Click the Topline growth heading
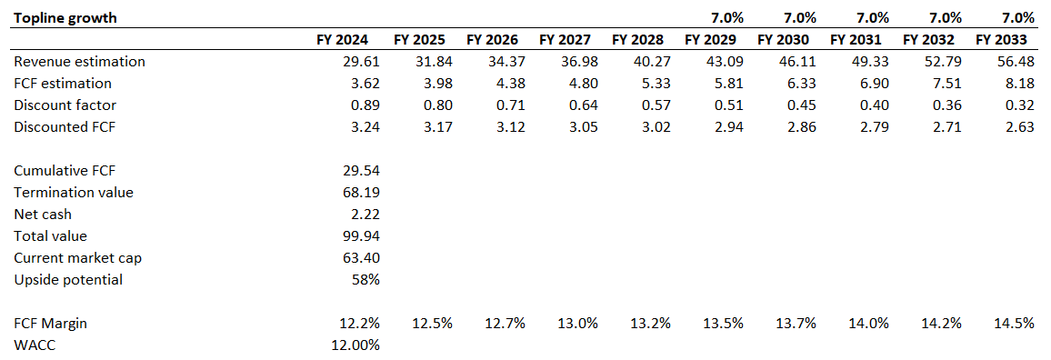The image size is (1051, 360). coord(65,17)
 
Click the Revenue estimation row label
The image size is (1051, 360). coord(79,62)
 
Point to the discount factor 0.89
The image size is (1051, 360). coord(362,105)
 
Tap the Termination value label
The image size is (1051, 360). coord(74,192)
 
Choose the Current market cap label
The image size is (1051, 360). coord(77,257)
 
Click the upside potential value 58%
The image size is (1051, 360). coord(365,279)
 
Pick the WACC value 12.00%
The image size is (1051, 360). coord(354,345)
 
